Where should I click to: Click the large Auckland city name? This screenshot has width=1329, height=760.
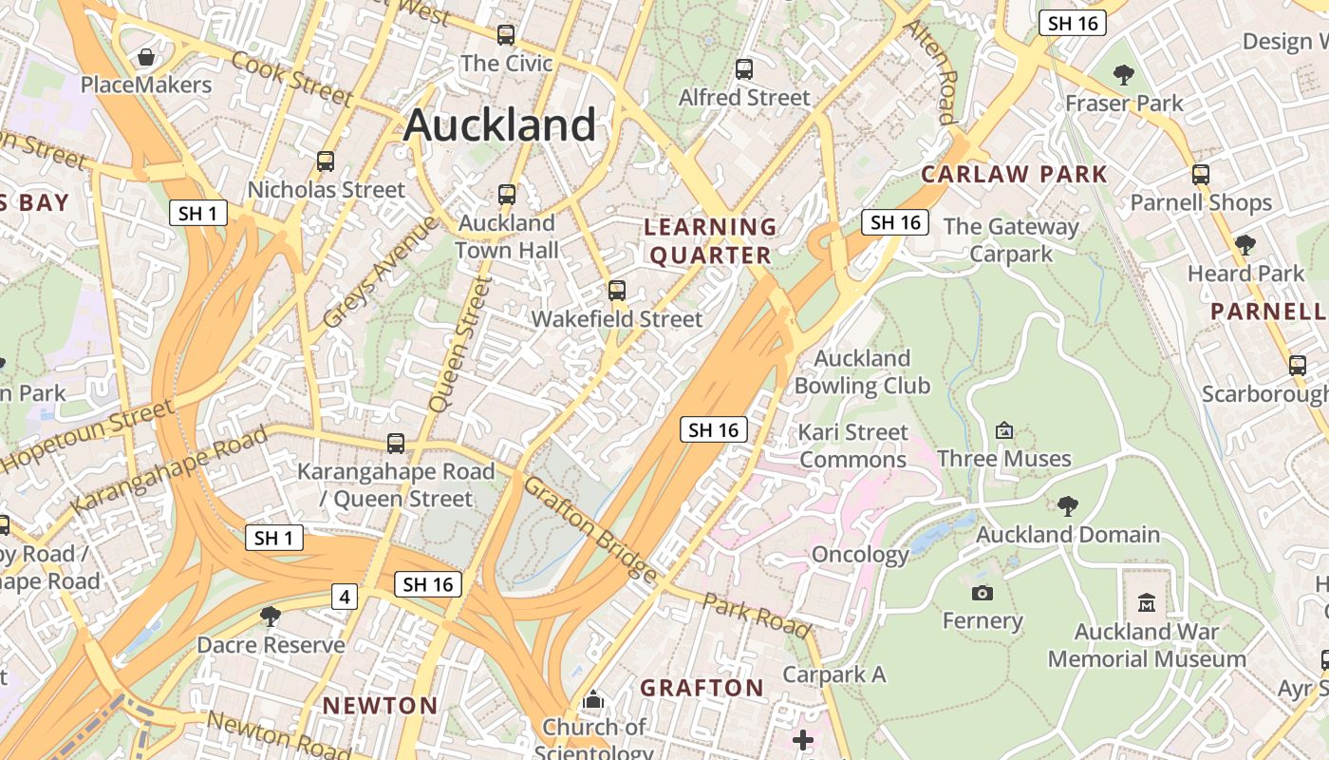point(499,125)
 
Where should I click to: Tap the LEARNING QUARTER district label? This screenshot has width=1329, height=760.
point(710,241)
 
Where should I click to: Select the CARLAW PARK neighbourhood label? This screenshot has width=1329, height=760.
point(1014,174)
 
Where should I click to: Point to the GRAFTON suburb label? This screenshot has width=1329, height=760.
point(702,688)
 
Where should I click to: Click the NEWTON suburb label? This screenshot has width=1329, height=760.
point(380,706)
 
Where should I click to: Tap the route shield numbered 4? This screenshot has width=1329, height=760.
point(345,597)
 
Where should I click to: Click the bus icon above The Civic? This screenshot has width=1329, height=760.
point(506,35)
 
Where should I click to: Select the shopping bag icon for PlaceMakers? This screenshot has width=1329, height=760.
point(146,58)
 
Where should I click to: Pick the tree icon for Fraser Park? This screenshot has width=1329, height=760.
point(1124,74)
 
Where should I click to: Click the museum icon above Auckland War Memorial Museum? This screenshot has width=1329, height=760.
point(1146,602)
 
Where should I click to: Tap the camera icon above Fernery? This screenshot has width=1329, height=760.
point(982,593)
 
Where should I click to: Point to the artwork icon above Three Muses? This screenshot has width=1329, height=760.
point(1003,430)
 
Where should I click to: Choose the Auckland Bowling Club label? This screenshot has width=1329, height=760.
point(862,371)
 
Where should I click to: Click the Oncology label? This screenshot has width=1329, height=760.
point(860,555)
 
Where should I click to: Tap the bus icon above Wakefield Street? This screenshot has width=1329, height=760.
point(617,291)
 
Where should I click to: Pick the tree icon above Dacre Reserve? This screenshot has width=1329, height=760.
point(271,617)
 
